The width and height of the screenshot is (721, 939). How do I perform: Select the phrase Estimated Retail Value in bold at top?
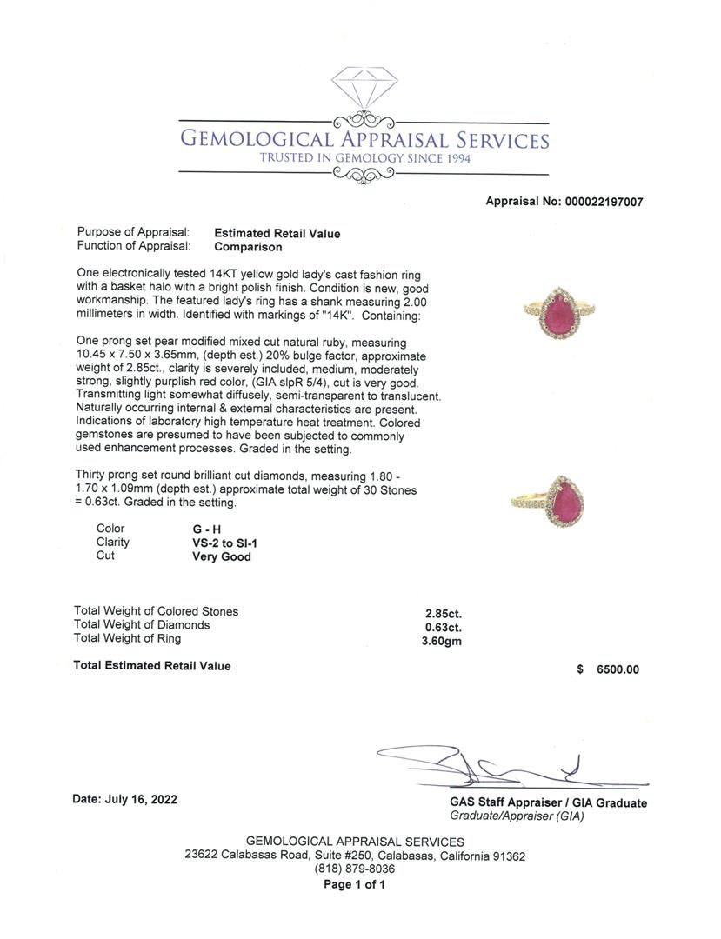[277, 233]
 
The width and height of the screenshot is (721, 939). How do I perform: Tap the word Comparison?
[248, 246]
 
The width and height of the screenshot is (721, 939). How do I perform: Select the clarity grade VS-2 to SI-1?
[224, 543]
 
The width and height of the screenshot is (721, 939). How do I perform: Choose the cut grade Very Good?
[221, 556]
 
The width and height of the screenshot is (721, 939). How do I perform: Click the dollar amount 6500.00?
[618, 669]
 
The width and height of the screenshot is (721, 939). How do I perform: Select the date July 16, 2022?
[124, 799]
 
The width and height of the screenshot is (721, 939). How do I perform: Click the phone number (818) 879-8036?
[355, 869]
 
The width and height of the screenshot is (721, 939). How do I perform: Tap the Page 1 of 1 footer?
[354, 885]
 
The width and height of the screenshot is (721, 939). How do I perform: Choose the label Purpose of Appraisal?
[133, 232]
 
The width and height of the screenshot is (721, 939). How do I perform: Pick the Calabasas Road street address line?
[355, 856]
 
